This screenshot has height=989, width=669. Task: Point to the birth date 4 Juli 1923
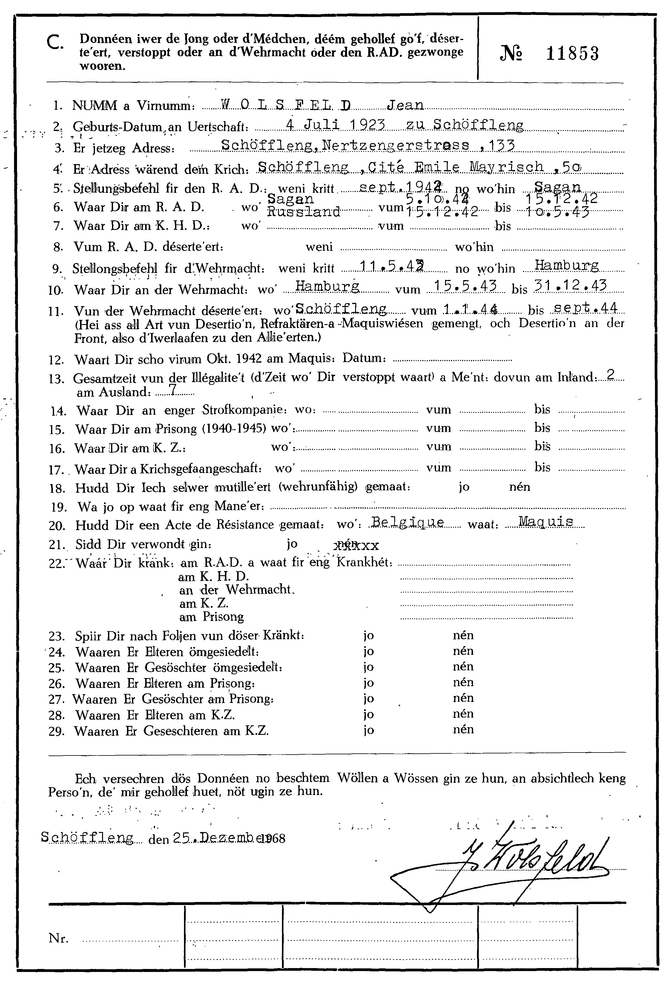pos(335,125)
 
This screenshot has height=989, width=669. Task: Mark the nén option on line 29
pos(463,729)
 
